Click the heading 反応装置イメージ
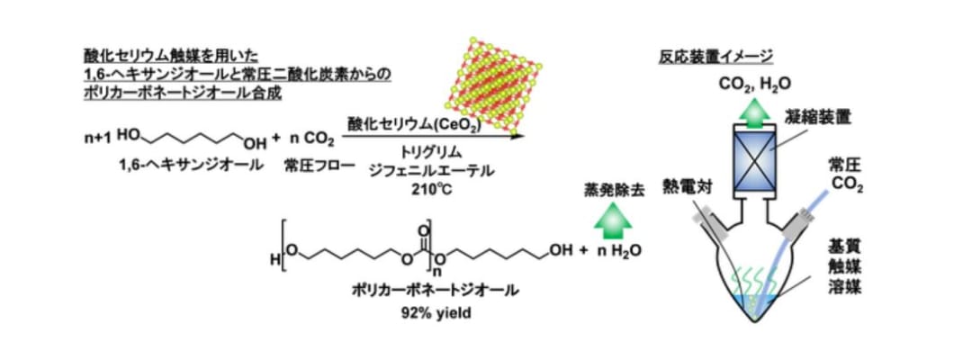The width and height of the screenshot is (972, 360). click(715, 57)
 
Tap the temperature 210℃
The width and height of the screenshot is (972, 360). click(425, 189)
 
